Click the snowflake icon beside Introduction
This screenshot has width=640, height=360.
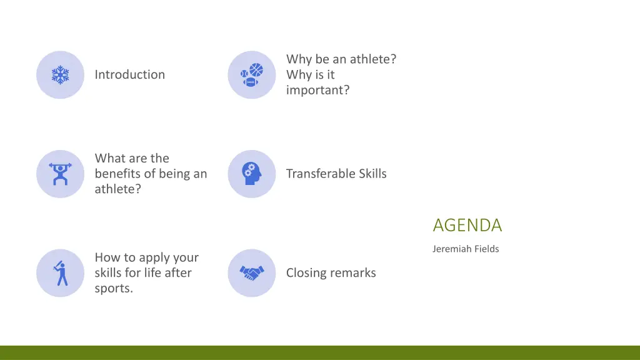[60, 75]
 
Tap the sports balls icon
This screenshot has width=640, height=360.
[251, 75]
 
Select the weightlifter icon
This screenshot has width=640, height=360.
[60, 174]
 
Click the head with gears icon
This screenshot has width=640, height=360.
[251, 174]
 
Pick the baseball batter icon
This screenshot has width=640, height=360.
[60, 273]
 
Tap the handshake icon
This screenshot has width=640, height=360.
[251, 273]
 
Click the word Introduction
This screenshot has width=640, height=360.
[130, 74]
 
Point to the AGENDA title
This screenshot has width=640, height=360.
[467, 225]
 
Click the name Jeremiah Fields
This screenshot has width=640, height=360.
[465, 249]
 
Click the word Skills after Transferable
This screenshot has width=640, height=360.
[372, 174]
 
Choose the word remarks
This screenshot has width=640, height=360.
[354, 273]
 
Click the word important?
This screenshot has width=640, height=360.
[317, 90]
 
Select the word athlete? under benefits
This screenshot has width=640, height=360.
[117, 189]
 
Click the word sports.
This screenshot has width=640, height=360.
[114, 289]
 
